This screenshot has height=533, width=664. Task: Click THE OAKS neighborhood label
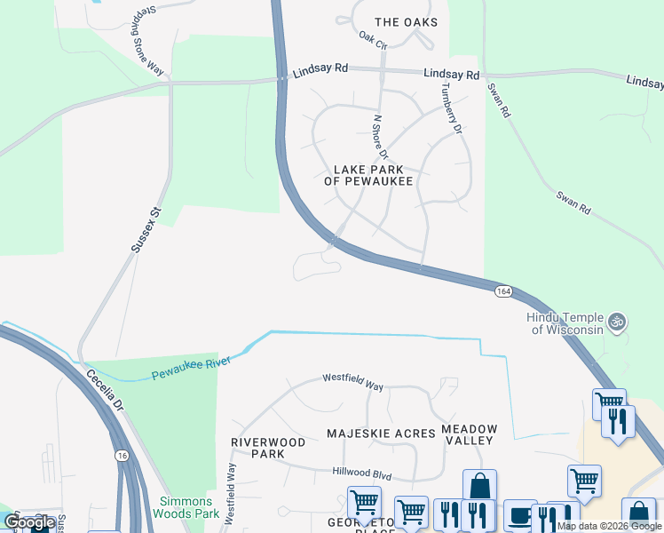(406, 22)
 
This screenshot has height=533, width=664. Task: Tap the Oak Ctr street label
(374, 40)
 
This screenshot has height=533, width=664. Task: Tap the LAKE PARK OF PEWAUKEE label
(368, 175)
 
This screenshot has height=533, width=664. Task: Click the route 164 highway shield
(503, 291)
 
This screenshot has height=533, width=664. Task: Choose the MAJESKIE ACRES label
(381, 434)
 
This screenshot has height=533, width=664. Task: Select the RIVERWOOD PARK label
(267, 448)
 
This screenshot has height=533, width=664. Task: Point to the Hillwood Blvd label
(361, 475)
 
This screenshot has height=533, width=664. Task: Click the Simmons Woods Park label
(186, 507)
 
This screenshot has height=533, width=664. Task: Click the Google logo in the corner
(28, 522)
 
